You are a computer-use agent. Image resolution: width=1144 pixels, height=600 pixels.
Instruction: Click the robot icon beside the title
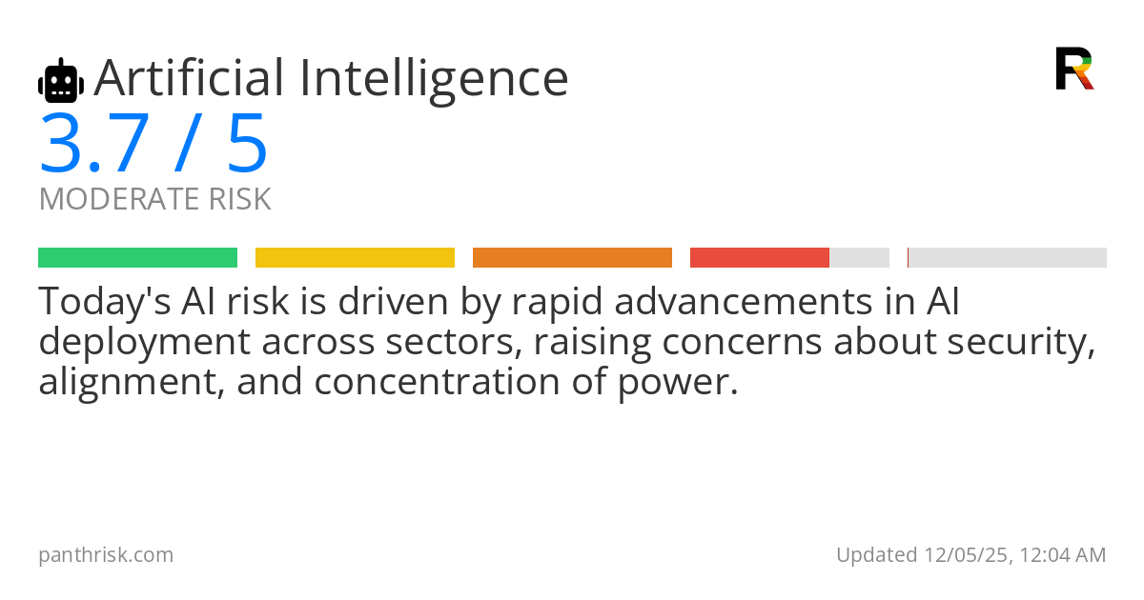click(61, 81)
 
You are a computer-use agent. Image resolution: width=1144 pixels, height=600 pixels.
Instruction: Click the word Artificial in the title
click(189, 78)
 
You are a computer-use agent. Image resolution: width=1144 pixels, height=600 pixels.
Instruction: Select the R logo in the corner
click(1074, 69)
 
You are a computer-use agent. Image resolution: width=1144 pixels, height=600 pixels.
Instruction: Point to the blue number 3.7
click(94, 144)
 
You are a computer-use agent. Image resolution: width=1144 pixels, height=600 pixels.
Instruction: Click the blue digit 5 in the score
click(247, 144)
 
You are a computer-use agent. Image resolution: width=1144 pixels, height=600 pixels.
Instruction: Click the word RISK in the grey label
click(239, 199)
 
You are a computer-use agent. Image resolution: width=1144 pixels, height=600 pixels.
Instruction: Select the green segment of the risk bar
click(138, 258)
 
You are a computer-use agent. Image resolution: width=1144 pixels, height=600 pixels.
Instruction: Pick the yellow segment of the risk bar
click(355, 258)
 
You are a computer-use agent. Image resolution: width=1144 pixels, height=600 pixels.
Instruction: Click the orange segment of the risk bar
click(572, 258)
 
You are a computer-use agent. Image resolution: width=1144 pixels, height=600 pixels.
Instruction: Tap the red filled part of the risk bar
click(760, 258)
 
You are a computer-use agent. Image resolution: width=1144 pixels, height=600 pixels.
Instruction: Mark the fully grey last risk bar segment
click(1007, 258)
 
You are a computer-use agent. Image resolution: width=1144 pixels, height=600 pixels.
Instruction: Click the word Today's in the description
click(105, 303)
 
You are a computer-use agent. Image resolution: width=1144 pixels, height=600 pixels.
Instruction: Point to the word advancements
click(743, 302)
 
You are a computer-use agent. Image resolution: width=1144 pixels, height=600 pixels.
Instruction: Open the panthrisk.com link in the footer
click(106, 555)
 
